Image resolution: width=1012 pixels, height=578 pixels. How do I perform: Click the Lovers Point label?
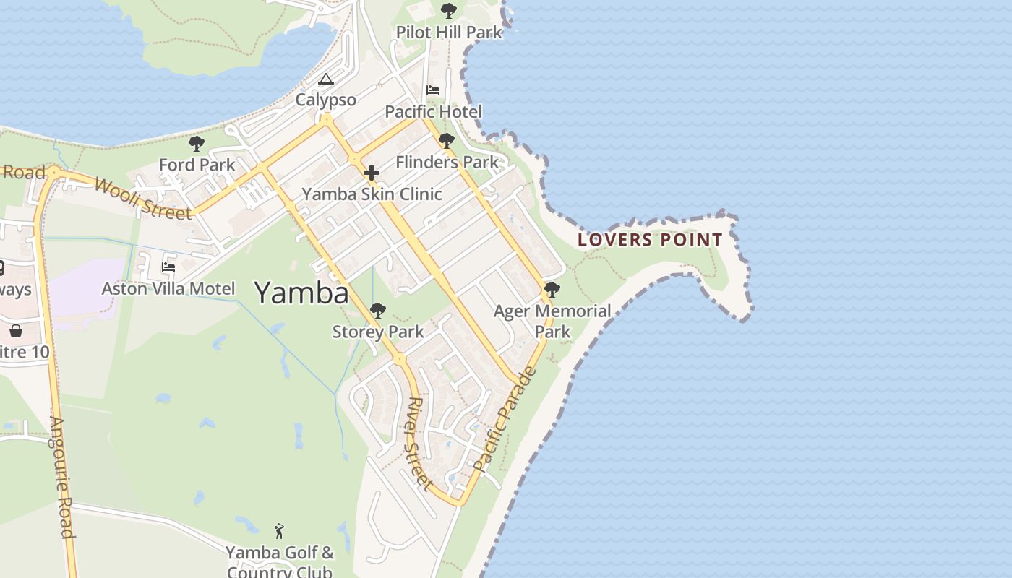tap(650, 240)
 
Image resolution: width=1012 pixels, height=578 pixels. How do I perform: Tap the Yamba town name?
tap(301, 293)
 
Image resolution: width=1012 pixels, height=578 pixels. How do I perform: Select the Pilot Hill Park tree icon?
tap(448, 11)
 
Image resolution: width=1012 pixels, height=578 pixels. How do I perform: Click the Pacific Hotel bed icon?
tap(433, 90)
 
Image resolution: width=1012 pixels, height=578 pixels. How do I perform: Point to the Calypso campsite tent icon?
tap(326, 79)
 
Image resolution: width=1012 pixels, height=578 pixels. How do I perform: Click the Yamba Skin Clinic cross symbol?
tap(372, 173)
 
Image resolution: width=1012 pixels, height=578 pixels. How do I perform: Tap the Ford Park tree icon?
tap(196, 143)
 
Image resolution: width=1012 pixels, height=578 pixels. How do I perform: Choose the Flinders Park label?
tap(447, 162)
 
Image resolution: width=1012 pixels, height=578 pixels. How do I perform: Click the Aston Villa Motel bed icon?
tap(168, 267)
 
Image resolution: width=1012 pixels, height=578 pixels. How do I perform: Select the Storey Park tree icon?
tap(377, 311)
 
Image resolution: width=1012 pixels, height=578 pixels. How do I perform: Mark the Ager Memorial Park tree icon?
tap(552, 290)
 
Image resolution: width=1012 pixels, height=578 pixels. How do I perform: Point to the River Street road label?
tap(420, 444)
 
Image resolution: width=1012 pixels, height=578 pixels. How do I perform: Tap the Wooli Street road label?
tap(143, 198)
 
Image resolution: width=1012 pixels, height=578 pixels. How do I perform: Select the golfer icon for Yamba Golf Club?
tap(280, 531)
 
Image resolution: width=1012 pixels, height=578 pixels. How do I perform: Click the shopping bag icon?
tap(16, 331)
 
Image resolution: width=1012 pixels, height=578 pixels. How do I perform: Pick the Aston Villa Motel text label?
tap(168, 289)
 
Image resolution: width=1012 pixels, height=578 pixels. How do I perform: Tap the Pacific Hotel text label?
tap(433, 112)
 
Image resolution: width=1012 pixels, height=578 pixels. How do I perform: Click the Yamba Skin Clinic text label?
tap(372, 194)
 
